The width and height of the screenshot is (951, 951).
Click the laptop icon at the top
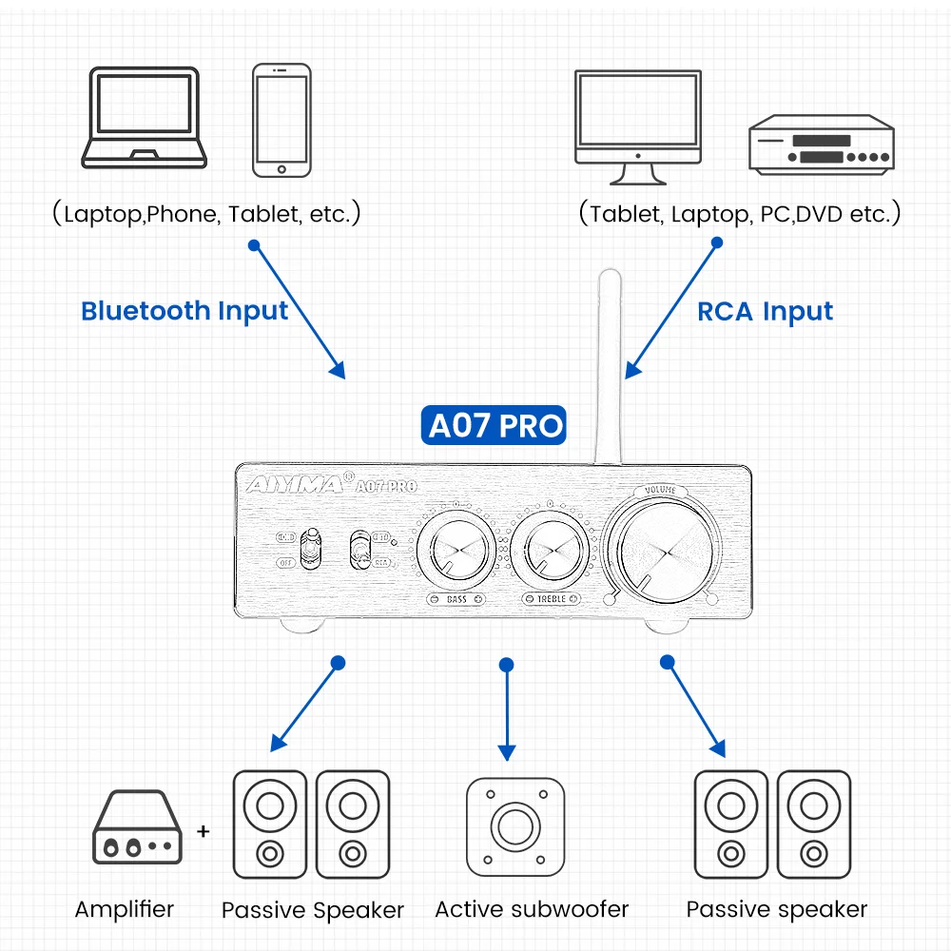pos(142,119)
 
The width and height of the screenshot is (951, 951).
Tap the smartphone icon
pos(281,120)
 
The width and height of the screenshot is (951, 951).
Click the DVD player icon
pos(821,146)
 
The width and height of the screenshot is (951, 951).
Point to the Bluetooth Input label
pos(184,311)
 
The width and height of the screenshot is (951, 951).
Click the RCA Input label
pos(765,312)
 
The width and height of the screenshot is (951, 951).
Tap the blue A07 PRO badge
pos(495,425)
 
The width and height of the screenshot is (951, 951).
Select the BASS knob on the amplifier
pos(455,552)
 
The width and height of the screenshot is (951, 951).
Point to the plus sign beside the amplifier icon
pos(203,831)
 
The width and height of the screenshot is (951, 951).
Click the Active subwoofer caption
pos(533,909)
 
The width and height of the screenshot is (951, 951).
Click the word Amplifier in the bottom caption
pos(125,909)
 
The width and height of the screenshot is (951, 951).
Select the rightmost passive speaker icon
pos(814,824)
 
